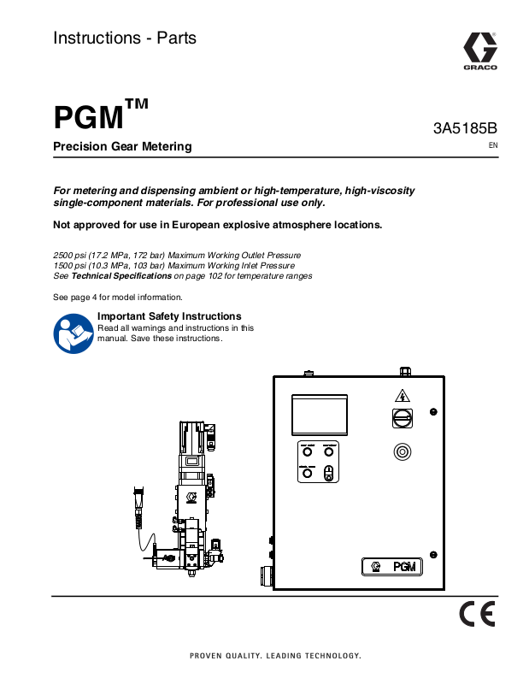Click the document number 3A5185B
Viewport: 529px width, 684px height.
coord(465,128)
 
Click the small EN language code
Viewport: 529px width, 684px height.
coord(492,146)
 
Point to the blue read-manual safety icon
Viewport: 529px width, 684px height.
coord(73,334)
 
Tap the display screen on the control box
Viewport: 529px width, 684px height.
coord(320,415)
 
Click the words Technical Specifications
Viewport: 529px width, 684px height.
coord(121,277)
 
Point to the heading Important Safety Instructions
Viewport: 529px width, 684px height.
coord(169,316)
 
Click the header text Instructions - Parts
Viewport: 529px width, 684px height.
coord(125,38)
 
